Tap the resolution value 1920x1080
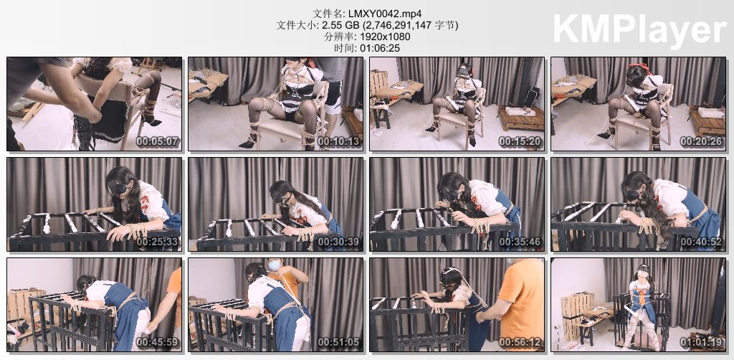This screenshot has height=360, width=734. [389, 37]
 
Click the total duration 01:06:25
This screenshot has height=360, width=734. [380, 48]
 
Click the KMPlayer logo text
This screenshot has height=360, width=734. [639, 29]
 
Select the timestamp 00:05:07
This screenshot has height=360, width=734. [158, 141]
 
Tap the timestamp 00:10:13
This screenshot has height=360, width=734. [339, 141]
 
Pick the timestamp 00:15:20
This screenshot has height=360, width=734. [520, 141]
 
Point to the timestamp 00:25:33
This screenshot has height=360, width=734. [158, 242]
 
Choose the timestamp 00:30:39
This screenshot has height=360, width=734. [339, 242]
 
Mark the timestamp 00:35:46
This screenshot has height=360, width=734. [520, 242]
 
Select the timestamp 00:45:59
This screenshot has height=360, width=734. [158, 342]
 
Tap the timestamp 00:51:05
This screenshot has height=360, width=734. [339, 342]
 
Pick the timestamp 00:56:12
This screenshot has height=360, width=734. [520, 342]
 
